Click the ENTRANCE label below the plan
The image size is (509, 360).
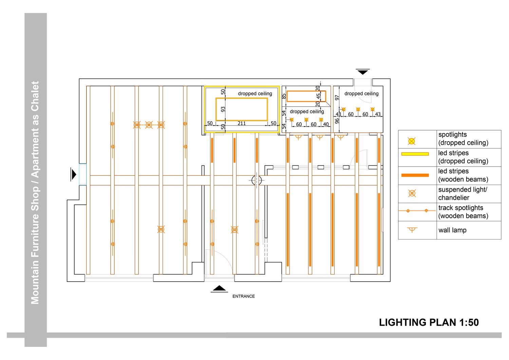pyautogui.click(x=243, y=296)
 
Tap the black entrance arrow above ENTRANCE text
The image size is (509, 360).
pyautogui.click(x=219, y=289)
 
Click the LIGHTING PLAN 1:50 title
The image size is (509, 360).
pyautogui.click(x=429, y=322)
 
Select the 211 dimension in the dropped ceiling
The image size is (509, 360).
pyautogui.click(x=242, y=123)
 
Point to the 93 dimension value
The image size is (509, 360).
pyautogui.click(x=223, y=109)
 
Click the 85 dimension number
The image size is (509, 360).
pyautogui.click(x=284, y=96)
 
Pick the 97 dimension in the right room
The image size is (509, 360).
pyautogui.click(x=337, y=97)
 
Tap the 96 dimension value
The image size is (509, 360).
pyautogui.click(x=337, y=120)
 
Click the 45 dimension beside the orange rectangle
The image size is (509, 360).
pyautogui.click(x=318, y=96)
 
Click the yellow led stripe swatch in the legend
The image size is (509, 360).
pyautogui.click(x=415, y=154)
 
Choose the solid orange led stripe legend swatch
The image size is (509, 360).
pyautogui.click(x=415, y=175)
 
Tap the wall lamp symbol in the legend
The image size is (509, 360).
pyautogui.click(x=412, y=230)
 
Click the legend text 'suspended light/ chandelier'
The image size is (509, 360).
pyautogui.click(x=463, y=193)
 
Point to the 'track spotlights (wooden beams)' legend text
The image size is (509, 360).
pyautogui.click(x=463, y=212)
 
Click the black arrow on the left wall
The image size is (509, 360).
pyautogui.click(x=74, y=174)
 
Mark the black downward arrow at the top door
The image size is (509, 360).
pyautogui.click(x=363, y=72)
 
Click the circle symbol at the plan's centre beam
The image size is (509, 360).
pyautogui.click(x=257, y=180)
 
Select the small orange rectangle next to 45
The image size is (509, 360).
pyautogui.click(x=306, y=96)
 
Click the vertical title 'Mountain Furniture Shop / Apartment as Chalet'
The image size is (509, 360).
pyautogui.click(x=35, y=192)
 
